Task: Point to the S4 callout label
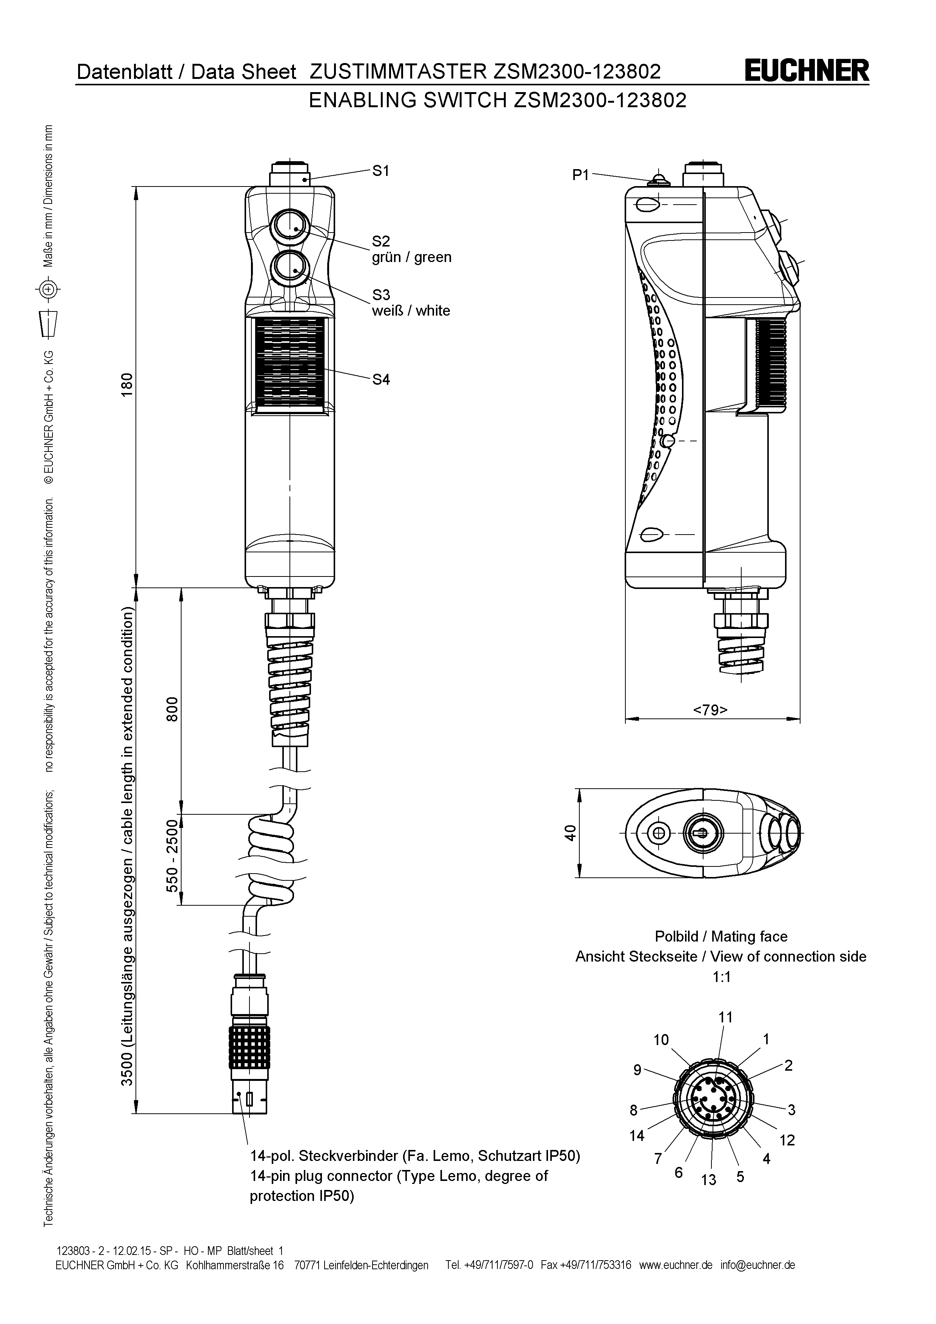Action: (x=380, y=379)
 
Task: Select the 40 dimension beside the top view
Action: (x=570, y=833)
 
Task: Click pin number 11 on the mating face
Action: (x=726, y=1017)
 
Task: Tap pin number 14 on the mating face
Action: (x=636, y=1136)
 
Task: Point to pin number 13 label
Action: (x=708, y=1179)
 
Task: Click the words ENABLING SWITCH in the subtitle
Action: (x=407, y=101)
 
